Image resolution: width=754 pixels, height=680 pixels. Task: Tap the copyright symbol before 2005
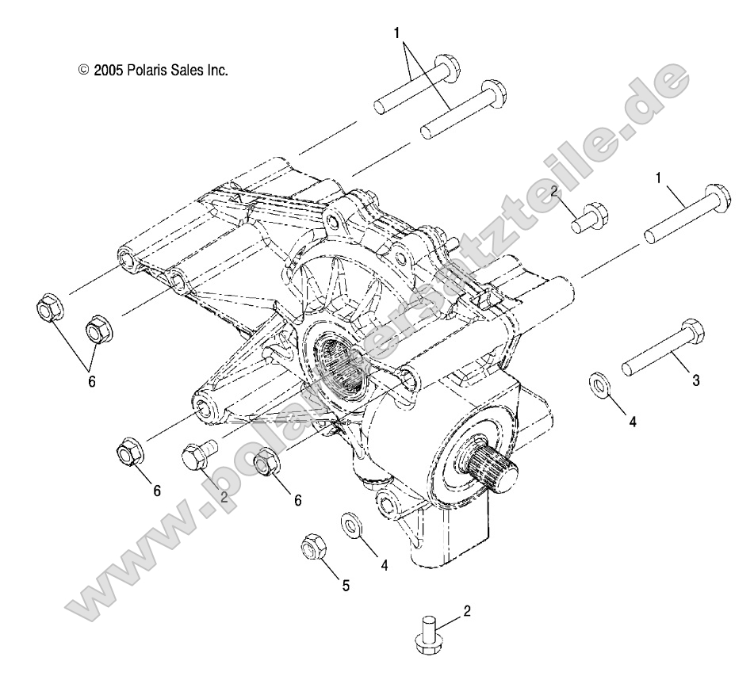pos(84,71)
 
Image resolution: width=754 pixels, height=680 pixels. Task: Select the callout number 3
pos(696,380)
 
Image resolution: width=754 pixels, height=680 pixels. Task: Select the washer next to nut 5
pos(350,525)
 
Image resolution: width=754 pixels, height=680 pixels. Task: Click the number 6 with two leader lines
pos(91,381)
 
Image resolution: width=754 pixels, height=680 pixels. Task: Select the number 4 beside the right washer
pos(633,422)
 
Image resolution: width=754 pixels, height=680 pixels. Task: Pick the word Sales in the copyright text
pos(193,71)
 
